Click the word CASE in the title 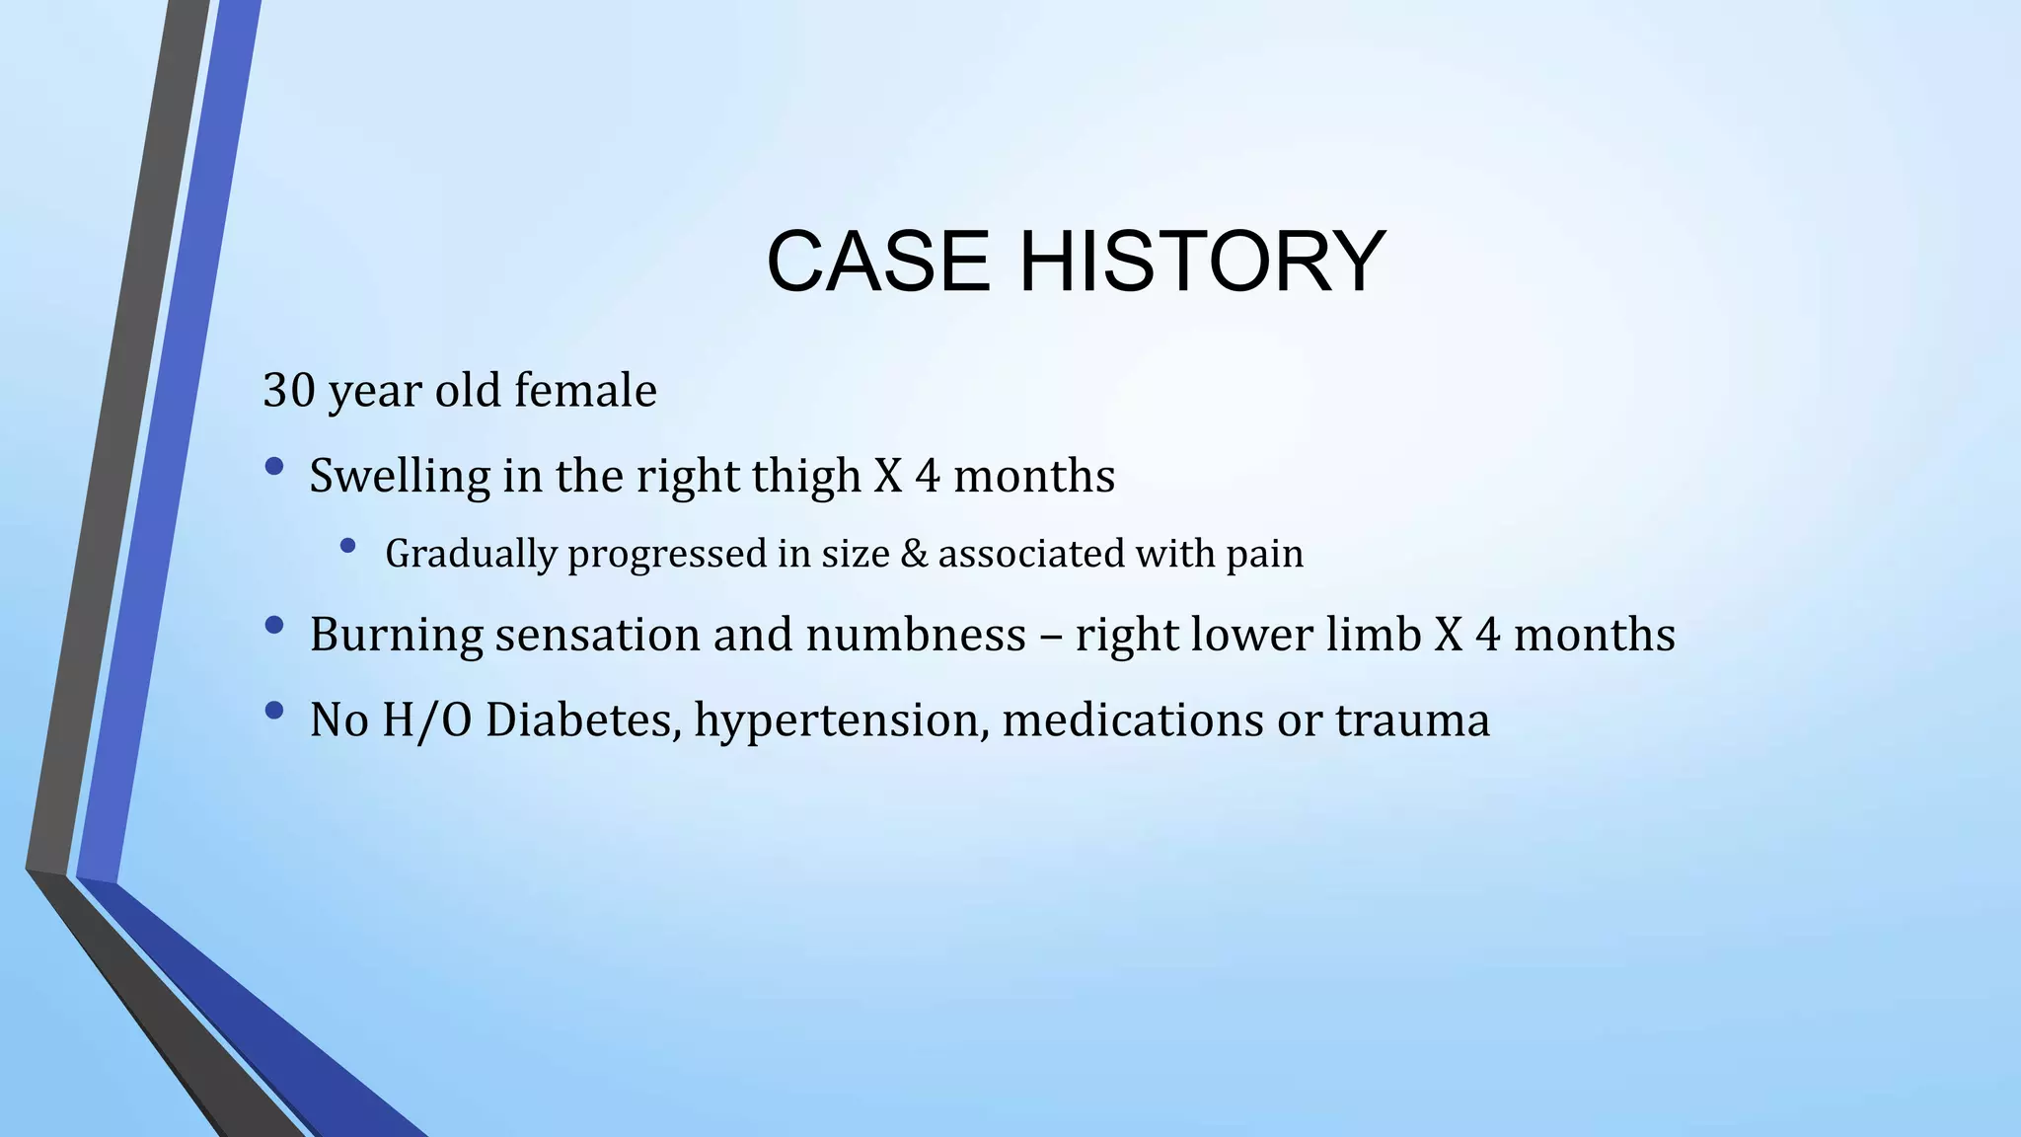pos(877,262)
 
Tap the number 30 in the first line pos(288,391)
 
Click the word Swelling pos(400,478)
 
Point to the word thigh pos(806,478)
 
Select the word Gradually pos(472,555)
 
